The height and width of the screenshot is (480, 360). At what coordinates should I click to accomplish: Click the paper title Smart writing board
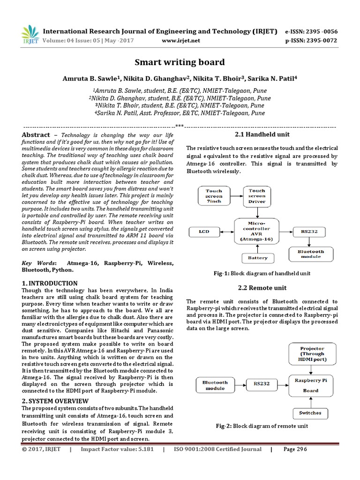(x=180, y=62)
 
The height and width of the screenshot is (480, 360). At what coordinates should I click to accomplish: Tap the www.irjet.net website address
(x=180, y=40)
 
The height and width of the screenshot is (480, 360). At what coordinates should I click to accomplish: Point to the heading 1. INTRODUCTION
(x=50, y=283)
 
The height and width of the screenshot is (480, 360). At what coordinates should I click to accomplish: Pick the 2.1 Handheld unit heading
(x=262, y=135)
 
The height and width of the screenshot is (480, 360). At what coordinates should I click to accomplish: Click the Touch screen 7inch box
(x=214, y=196)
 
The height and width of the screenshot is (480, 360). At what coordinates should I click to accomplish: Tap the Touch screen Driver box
(x=257, y=196)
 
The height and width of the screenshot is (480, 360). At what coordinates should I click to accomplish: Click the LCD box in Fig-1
(x=204, y=231)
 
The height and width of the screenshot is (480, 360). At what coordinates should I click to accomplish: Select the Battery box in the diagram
(x=257, y=257)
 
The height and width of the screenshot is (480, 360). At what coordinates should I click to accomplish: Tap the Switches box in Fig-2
(x=310, y=412)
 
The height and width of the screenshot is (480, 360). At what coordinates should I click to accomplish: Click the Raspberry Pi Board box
(x=310, y=385)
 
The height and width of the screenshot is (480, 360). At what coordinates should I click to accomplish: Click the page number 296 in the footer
(x=295, y=449)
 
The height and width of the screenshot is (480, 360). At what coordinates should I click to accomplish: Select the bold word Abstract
(x=36, y=135)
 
